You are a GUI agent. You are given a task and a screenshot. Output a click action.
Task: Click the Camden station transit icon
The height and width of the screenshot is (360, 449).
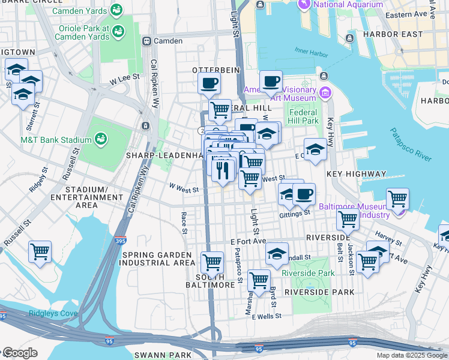146,41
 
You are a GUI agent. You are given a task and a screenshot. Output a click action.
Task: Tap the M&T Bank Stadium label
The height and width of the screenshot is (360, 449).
50,140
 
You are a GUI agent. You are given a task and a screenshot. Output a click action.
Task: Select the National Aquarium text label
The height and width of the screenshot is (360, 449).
348,4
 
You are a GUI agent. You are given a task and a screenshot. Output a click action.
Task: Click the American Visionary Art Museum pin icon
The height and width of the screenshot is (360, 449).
325,93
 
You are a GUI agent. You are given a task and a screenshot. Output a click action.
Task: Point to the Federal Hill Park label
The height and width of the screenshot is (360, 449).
303,116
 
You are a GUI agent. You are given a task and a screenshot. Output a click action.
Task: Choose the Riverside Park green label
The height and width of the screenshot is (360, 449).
309,273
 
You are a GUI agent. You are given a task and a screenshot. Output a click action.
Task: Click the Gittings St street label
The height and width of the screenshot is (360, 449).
294,213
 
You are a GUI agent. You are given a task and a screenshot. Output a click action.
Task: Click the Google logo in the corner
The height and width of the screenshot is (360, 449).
20,353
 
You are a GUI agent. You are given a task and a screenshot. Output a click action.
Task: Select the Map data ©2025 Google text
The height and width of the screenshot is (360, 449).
411,355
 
